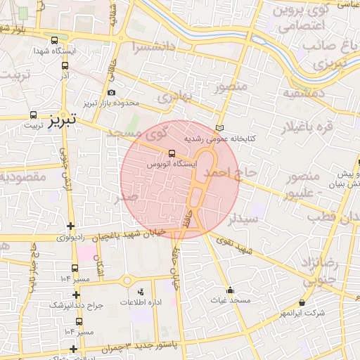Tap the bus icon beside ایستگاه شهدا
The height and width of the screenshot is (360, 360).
56,40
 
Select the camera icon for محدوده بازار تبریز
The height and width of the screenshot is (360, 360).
111,93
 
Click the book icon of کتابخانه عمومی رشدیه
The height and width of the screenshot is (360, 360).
219,129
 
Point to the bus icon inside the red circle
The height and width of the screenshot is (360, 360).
172,153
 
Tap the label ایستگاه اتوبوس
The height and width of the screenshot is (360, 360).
172,163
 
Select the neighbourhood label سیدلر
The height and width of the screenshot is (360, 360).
244,218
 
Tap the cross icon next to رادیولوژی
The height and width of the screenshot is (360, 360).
70,226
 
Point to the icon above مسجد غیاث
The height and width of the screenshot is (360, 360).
230,290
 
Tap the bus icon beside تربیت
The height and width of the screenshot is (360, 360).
32,115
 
